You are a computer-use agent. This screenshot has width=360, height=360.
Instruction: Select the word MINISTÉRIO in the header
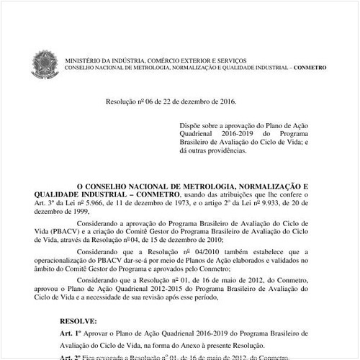coord(82,60)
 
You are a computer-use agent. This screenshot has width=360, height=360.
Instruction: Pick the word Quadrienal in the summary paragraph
coord(199,133)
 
